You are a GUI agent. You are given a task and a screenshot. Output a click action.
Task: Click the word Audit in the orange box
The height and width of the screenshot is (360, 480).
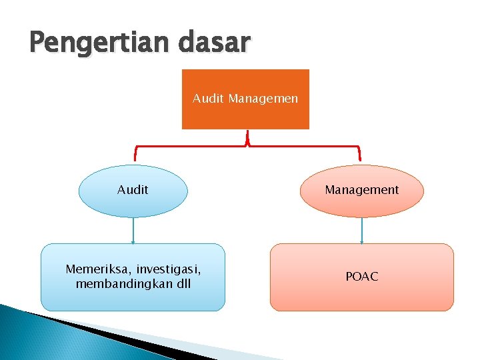209,99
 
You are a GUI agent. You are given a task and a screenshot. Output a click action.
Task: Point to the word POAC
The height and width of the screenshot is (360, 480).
362,276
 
